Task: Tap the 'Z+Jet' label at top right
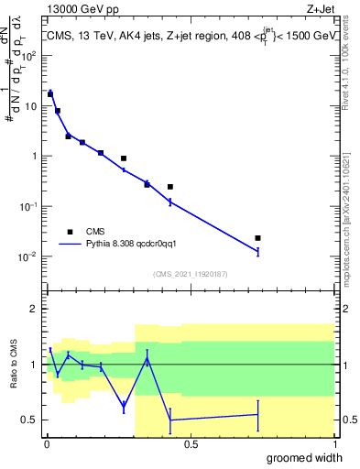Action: (x=321, y=9)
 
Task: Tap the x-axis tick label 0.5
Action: (x=191, y=444)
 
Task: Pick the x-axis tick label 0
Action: (x=47, y=444)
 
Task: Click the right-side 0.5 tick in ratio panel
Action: (x=346, y=420)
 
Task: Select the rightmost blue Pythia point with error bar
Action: (x=258, y=251)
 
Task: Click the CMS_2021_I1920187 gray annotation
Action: (x=190, y=273)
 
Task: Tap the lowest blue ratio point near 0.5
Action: (x=170, y=420)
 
